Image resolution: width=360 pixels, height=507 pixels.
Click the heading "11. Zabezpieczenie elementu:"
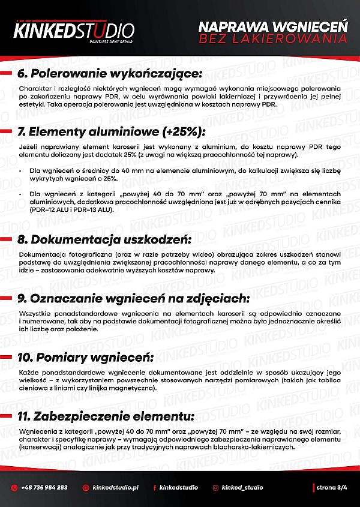pyautogui.click(x=106, y=416)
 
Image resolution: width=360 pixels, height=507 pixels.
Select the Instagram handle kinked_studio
pyautogui.click(x=242, y=488)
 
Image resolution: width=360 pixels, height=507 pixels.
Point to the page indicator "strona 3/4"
pyautogui.click(x=331, y=488)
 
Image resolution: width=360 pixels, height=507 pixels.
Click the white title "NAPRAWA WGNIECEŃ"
pyautogui.click(x=273, y=27)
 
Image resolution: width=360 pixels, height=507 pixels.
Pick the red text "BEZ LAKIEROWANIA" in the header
pyautogui.click(x=273, y=39)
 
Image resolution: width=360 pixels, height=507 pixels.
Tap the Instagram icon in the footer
pyautogui.click(x=215, y=488)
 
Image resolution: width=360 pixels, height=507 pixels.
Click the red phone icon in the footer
pyautogui.click(x=14, y=488)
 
